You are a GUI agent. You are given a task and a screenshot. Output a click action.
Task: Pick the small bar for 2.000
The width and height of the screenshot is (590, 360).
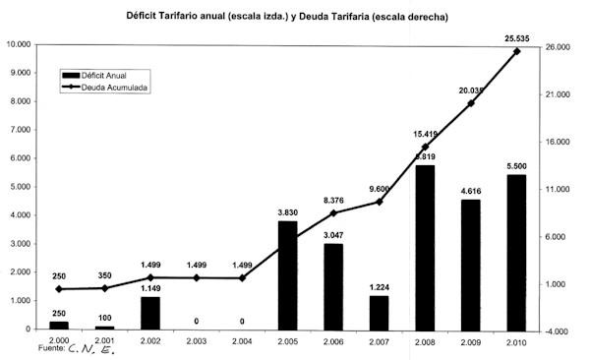click(59, 325)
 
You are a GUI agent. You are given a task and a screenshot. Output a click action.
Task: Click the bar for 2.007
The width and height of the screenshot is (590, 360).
click(380, 312)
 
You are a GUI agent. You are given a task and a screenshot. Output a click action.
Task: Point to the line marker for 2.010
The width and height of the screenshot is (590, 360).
click(517, 51)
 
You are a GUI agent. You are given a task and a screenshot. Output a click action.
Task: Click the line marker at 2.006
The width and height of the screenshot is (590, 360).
click(332, 213)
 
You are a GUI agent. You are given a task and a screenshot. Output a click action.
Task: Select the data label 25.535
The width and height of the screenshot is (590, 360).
click(517, 38)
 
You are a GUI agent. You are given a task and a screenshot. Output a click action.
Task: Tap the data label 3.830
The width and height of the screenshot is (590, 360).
click(286, 213)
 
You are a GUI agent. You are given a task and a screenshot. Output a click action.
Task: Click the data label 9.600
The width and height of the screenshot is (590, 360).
click(380, 190)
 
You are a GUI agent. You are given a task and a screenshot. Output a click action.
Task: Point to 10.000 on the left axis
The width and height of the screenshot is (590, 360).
click(20, 44)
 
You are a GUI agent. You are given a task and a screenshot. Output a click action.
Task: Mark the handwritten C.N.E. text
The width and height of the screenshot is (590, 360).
click(93, 348)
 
